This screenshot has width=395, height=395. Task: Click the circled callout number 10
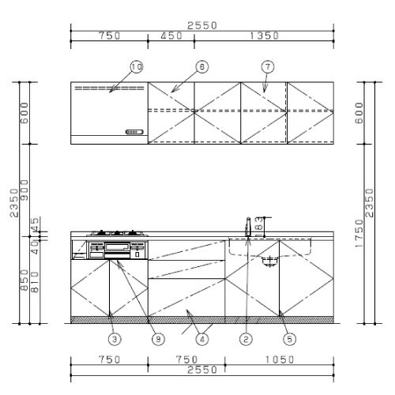tap(137, 67)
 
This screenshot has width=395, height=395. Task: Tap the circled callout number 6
tap(202, 67)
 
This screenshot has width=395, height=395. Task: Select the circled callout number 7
tap(268, 67)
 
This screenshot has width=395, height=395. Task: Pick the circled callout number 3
tap(115, 339)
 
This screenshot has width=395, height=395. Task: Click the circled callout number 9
tap(158, 339)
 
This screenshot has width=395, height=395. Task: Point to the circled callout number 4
tap(202, 339)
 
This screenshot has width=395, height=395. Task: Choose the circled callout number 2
tap(246, 339)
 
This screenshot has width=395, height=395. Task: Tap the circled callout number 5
tap(290, 339)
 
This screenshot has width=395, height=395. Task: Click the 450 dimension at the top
tap(171, 36)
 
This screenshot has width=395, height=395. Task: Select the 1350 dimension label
tap(264, 36)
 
